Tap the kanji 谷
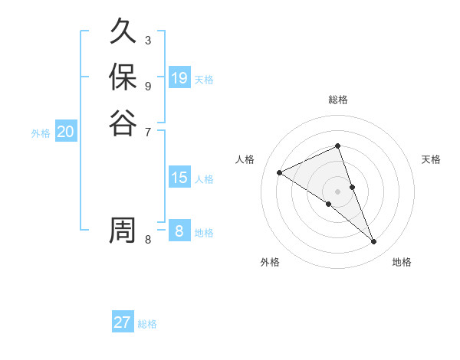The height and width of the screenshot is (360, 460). pos(123,123)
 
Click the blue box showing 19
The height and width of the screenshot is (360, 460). pos(179,78)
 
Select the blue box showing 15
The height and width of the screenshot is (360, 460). pos(179,178)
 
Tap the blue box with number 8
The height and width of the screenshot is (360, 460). pos(179,231)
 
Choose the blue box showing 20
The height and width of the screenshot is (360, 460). pos(66,132)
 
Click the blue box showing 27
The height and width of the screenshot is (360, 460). pos(123,322)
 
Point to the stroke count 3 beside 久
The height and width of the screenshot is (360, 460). pos(148,40)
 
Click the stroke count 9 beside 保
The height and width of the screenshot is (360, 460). pos(148,86)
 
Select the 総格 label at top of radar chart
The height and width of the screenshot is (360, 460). pos(337,100)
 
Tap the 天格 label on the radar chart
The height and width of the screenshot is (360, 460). pos(431,159)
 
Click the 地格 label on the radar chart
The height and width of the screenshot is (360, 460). pos(402,262)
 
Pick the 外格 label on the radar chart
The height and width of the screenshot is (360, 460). pos(270,262)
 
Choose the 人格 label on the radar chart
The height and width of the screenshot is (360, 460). pos(245,159)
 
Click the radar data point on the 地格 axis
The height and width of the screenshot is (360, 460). pos(374,242)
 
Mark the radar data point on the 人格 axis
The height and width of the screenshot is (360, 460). pos(280,173)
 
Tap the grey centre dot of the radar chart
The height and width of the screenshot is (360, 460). pos(337,191)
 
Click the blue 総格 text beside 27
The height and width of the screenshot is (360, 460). pos(147,324)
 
